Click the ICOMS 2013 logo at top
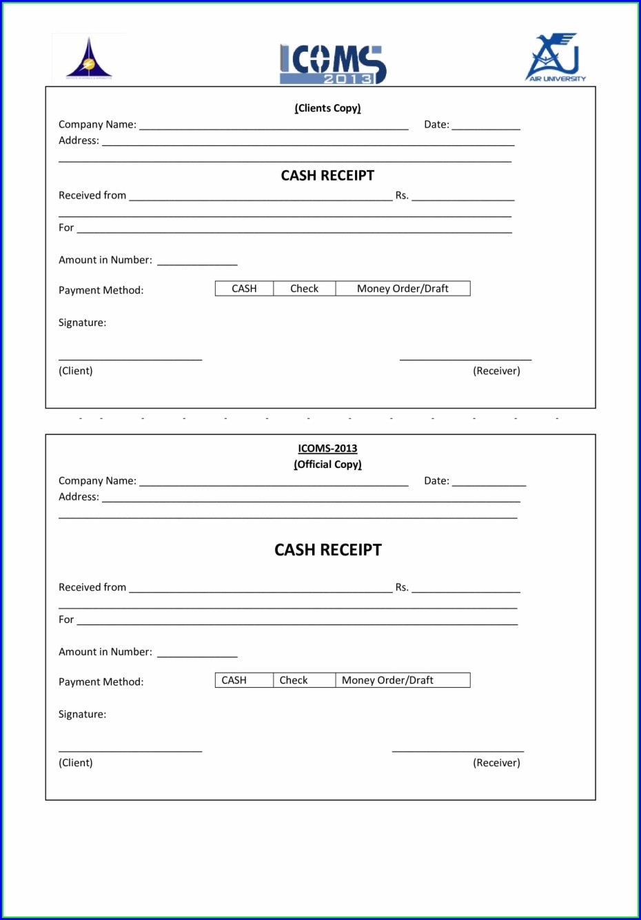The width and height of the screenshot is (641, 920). point(333,64)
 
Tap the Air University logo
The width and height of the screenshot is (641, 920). point(556,58)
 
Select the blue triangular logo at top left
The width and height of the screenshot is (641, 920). point(89,59)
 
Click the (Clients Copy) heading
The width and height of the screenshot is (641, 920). point(327,108)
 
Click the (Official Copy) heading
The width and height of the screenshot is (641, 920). point(327,464)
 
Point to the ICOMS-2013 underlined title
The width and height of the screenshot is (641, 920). point(327,449)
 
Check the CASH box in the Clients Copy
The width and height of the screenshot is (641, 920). point(244,289)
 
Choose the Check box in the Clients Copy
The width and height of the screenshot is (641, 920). point(304,289)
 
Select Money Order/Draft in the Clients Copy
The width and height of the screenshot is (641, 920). point(403,289)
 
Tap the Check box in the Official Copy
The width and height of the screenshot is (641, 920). point(304,680)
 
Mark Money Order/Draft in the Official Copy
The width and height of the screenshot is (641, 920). point(403,680)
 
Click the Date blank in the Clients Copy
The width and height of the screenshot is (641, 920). point(485,125)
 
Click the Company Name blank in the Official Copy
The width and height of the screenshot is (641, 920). point(274,482)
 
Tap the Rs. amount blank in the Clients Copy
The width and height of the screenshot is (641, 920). point(462,196)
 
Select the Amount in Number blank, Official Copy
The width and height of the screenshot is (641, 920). point(197,653)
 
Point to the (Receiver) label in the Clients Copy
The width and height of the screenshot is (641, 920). point(496,371)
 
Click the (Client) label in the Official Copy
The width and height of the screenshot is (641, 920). point(76,763)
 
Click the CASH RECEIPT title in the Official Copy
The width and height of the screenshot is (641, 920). point(327,550)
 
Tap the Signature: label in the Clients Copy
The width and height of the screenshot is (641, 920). point(82,323)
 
